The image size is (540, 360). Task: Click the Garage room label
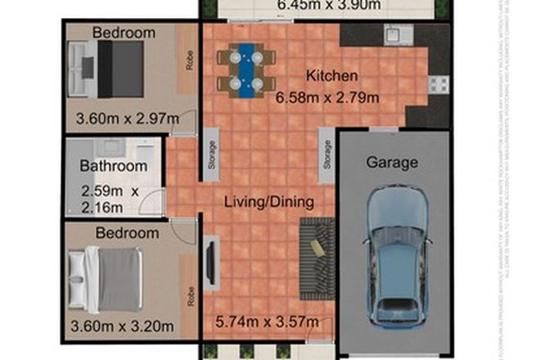pyautogui.click(x=392, y=162)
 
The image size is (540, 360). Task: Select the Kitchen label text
pyautogui.click(x=332, y=76)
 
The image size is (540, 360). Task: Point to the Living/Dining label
pyautogui.click(x=270, y=199)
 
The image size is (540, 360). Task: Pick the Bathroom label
pyautogui.click(x=113, y=166)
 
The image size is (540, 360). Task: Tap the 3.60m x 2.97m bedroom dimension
pyautogui.click(x=128, y=119)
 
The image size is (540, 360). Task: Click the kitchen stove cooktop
pyautogui.click(x=438, y=83)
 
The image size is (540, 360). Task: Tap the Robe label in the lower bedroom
pyautogui.click(x=189, y=295)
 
